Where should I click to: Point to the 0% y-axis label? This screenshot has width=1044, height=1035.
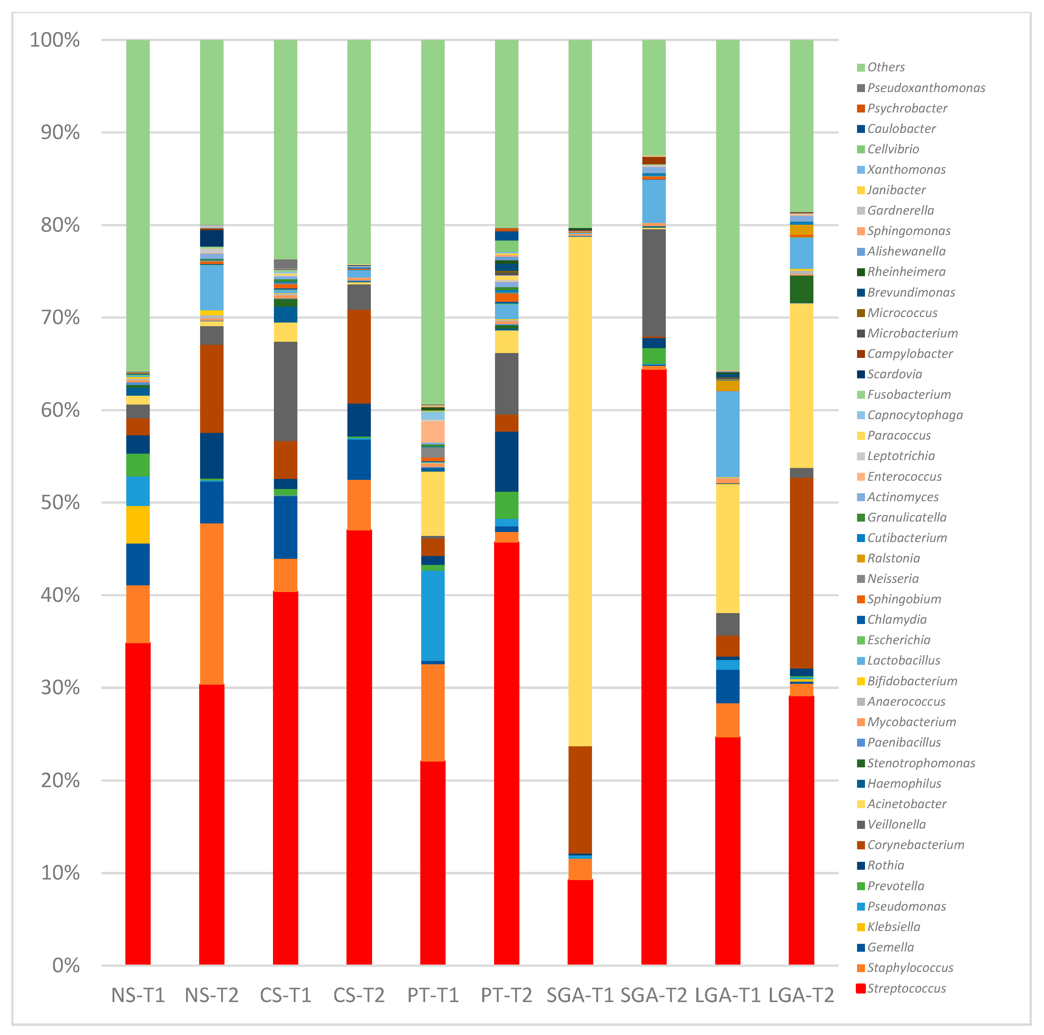pyautogui.click(x=66, y=965)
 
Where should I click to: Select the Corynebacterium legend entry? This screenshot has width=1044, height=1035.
pyautogui.click(x=915, y=845)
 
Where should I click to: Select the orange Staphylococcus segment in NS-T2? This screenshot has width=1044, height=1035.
pyautogui.click(x=211, y=604)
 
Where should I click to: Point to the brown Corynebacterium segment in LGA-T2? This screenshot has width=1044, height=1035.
pyautogui.click(x=801, y=573)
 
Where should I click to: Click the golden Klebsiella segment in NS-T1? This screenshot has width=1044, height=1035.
pyautogui.click(x=138, y=525)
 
